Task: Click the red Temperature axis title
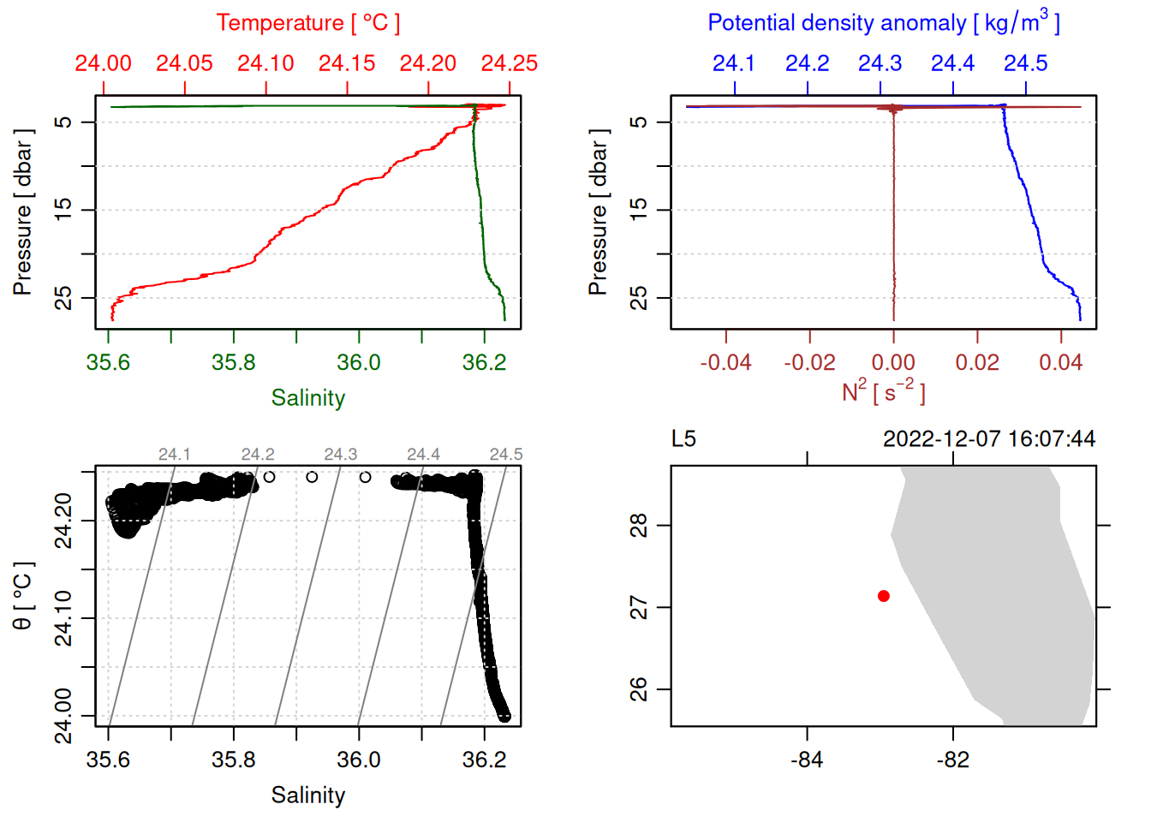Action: (x=307, y=23)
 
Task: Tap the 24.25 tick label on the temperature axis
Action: (x=509, y=63)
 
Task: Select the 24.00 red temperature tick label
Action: (x=103, y=63)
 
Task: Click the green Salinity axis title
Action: (x=307, y=398)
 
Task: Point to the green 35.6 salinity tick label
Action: (x=108, y=362)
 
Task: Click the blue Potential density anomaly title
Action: (x=883, y=23)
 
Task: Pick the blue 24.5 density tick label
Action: (x=1025, y=63)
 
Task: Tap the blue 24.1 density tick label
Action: (x=734, y=63)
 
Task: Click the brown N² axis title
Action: (x=883, y=392)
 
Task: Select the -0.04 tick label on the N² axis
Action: (x=725, y=362)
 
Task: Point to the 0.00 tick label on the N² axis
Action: (x=893, y=362)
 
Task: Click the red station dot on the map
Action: (x=884, y=596)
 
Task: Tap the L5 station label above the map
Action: (x=683, y=439)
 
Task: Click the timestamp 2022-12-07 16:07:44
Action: (x=988, y=439)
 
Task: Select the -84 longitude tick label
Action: (x=807, y=759)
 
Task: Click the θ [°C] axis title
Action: (x=22, y=595)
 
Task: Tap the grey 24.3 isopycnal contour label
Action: (x=340, y=454)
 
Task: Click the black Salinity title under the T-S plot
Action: (x=307, y=795)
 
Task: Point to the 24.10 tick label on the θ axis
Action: (x=63, y=618)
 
